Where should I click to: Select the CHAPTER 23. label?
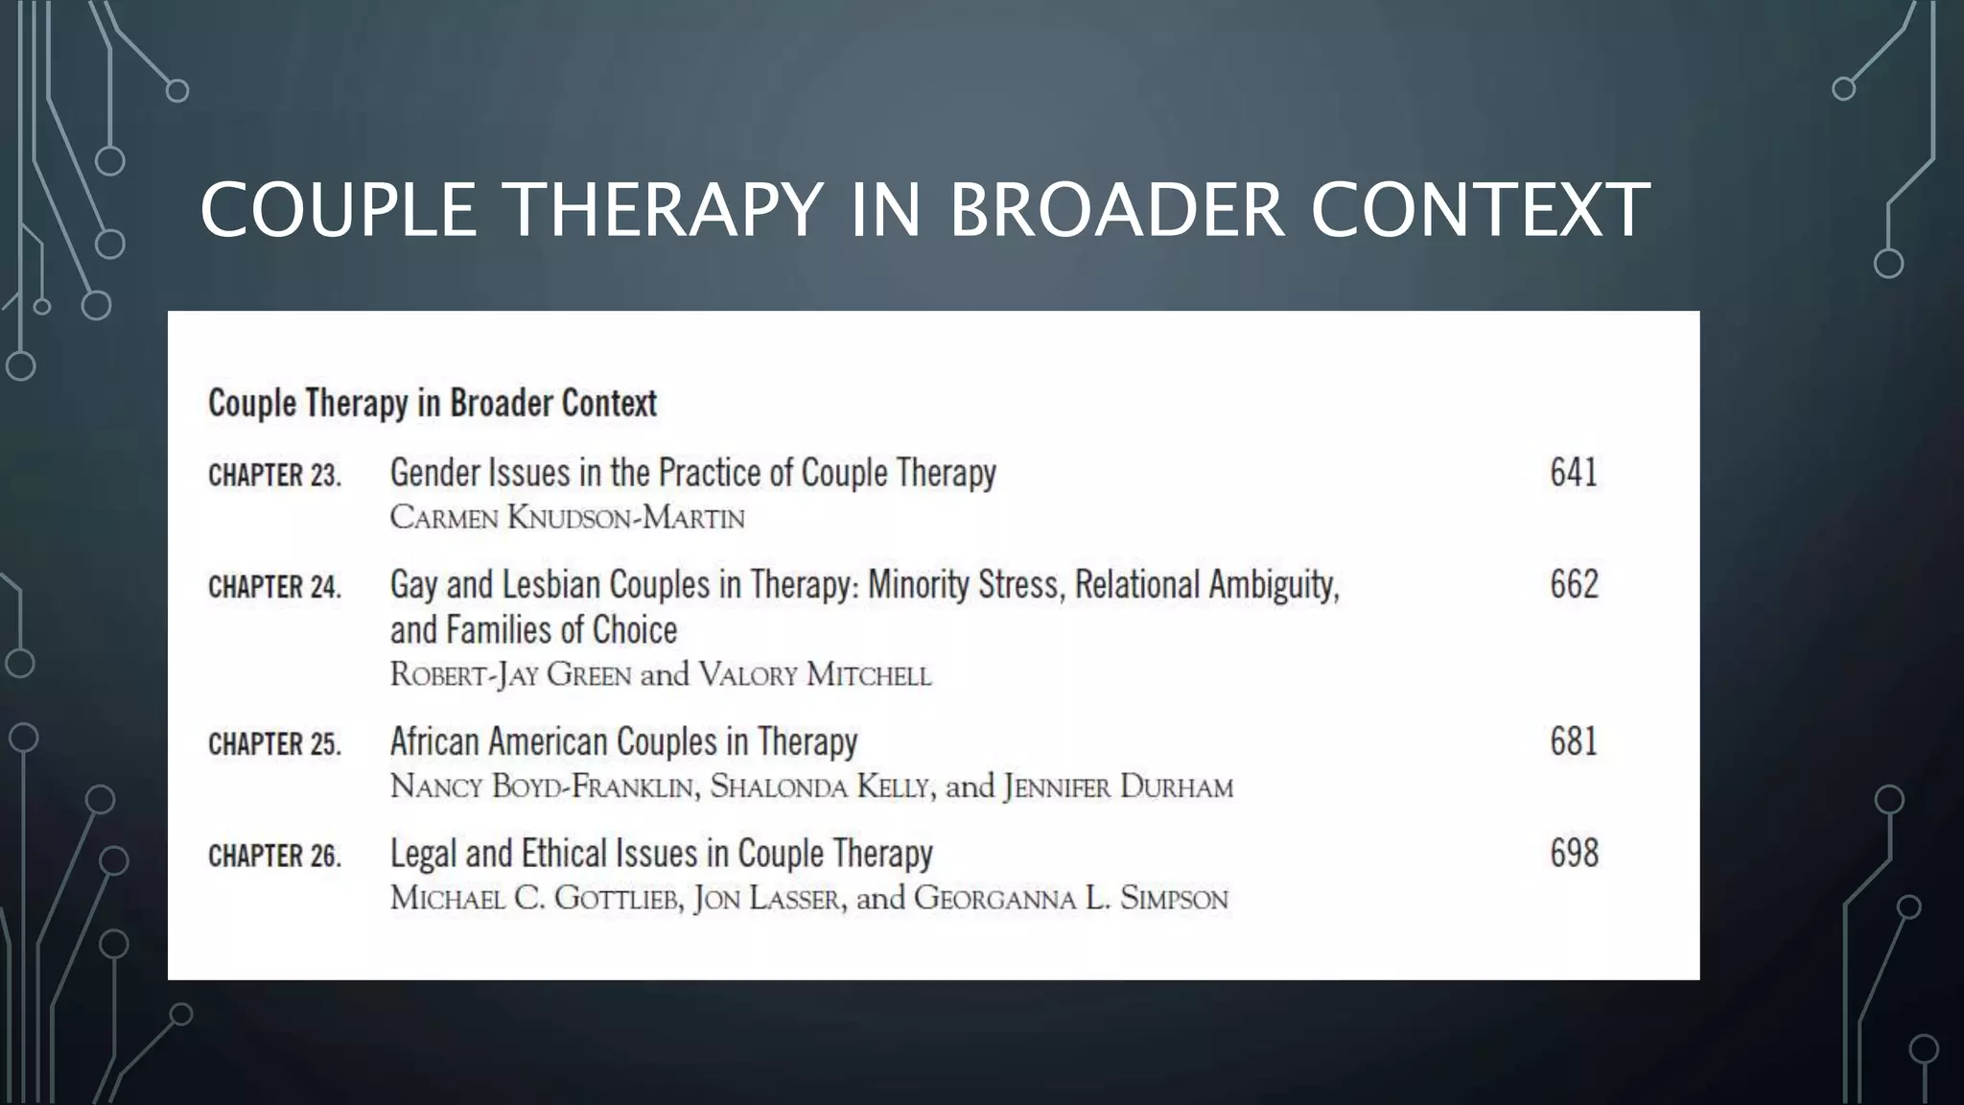(x=274, y=475)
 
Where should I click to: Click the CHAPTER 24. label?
(x=274, y=586)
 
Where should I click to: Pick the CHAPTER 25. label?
(x=274, y=743)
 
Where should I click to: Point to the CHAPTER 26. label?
(x=274, y=855)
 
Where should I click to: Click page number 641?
(x=1574, y=473)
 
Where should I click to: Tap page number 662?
(x=1574, y=584)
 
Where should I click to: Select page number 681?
(x=1574, y=741)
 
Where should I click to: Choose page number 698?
(x=1574, y=853)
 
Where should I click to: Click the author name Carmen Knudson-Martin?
(x=567, y=518)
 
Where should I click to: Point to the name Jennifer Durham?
(x=1117, y=788)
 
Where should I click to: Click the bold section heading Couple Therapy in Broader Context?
(x=432, y=403)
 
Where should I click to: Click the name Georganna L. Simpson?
(x=1070, y=899)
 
